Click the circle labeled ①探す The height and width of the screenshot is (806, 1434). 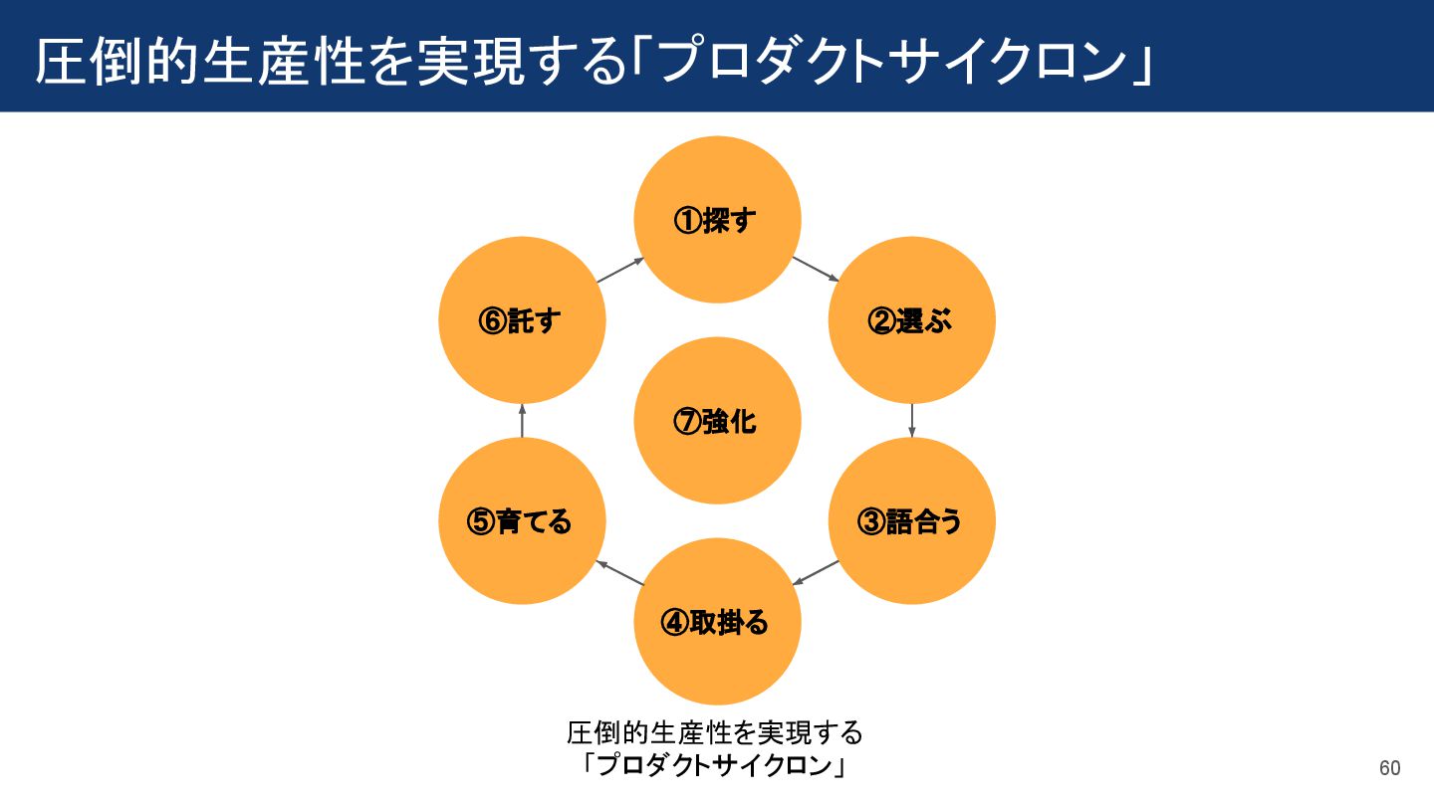[x=717, y=220]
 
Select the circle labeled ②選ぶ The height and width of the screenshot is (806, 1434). [x=912, y=320]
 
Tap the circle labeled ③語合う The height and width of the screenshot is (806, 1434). [x=912, y=520]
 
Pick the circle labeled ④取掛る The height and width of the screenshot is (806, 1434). [x=717, y=622]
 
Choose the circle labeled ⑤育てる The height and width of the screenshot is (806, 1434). [x=522, y=520]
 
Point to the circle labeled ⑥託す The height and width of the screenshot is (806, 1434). [x=522, y=320]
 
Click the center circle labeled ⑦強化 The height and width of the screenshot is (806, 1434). [x=717, y=421]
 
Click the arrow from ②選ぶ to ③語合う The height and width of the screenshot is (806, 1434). [x=912, y=420]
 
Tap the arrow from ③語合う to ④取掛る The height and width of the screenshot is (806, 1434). [x=816, y=572]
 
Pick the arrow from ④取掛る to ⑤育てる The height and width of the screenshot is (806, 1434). [x=619, y=572]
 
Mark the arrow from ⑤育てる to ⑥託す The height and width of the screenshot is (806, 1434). [x=522, y=420]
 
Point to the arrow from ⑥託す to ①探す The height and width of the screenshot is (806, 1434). [x=619, y=269]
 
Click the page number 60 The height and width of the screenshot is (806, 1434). [x=1389, y=768]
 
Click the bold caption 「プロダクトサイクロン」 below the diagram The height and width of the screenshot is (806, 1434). [x=714, y=766]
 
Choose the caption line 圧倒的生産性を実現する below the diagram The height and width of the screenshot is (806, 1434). [x=714, y=733]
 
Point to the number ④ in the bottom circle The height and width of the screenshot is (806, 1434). [x=674, y=623]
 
